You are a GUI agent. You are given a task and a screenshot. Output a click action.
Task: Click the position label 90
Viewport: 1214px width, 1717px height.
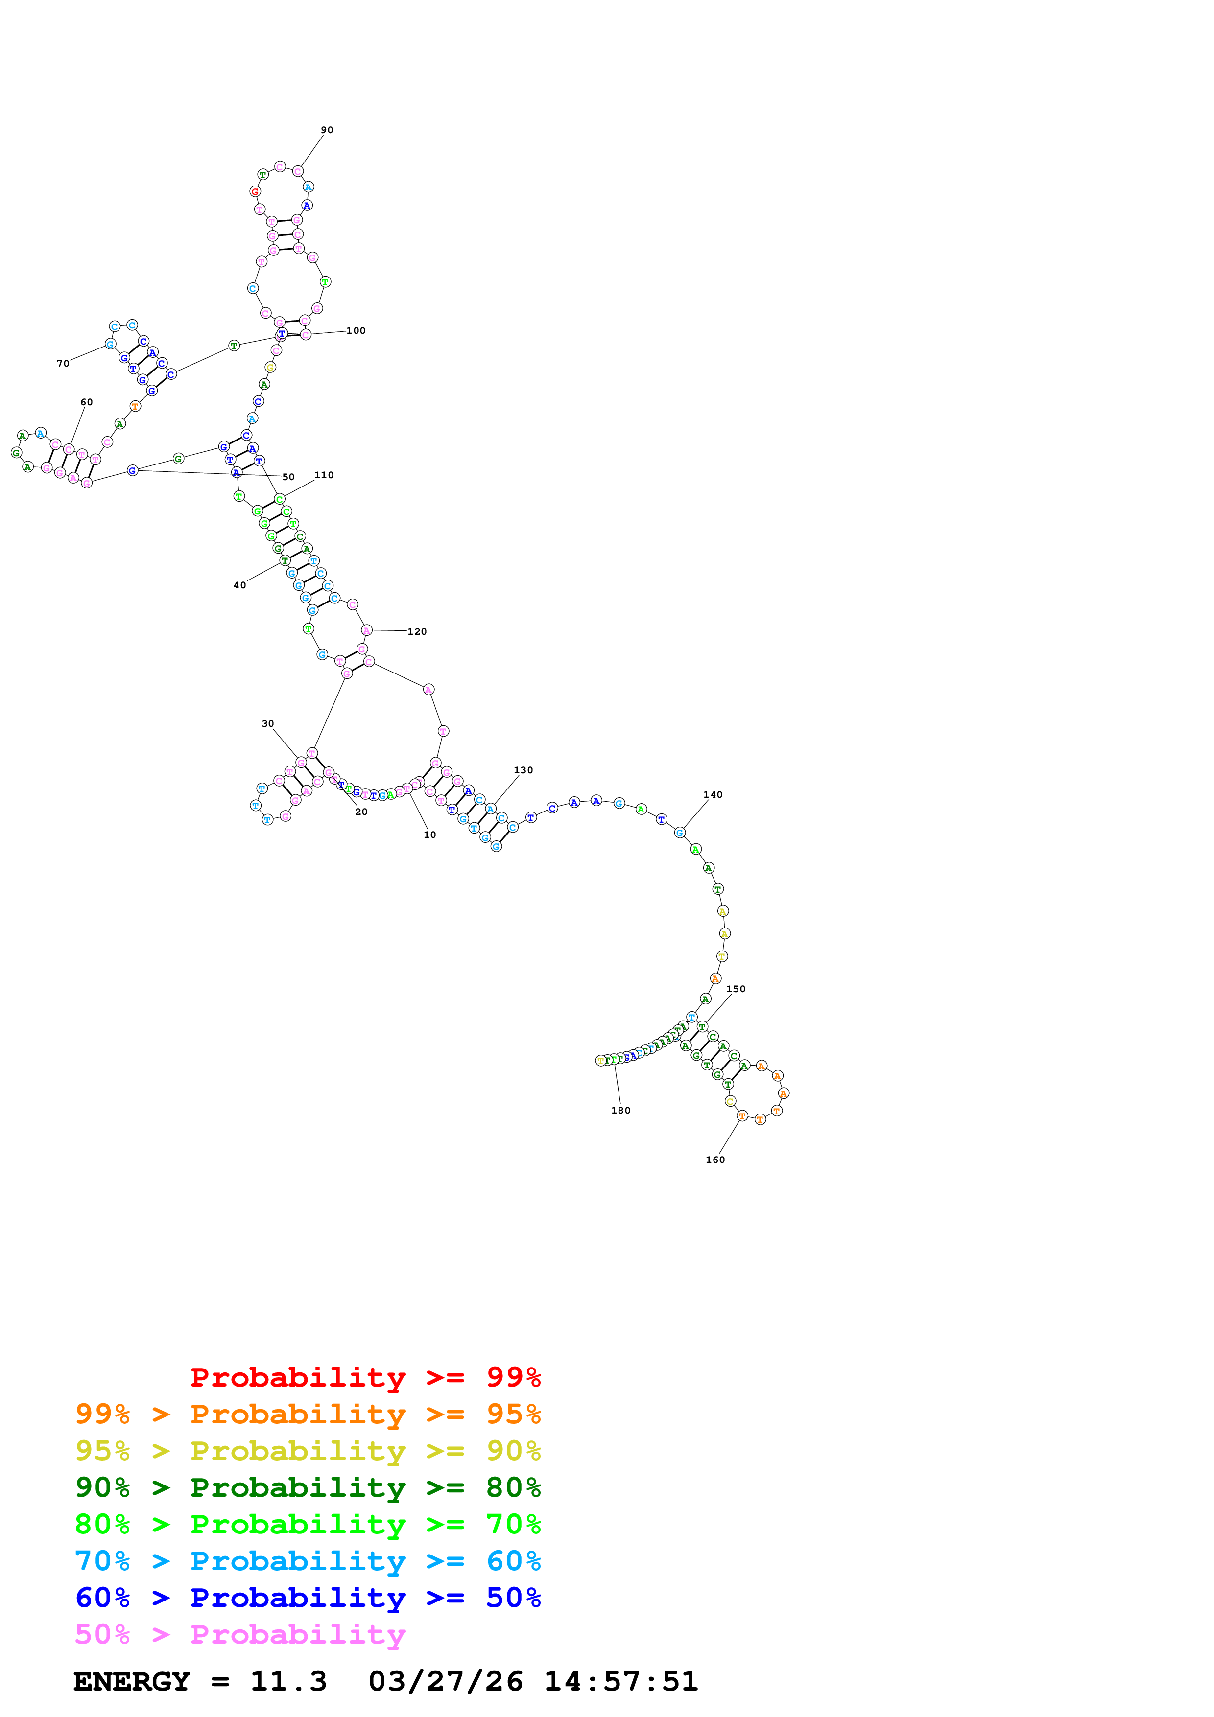[327, 130]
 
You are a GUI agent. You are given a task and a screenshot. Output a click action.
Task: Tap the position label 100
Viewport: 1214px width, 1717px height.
[356, 330]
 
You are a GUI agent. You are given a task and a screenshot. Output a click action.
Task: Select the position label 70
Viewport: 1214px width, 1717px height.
[63, 364]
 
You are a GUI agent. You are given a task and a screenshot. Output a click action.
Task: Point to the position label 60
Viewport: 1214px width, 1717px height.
[87, 402]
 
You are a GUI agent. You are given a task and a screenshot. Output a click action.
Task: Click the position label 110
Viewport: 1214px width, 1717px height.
[324, 475]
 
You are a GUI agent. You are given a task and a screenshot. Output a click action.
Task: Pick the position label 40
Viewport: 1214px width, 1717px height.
[239, 585]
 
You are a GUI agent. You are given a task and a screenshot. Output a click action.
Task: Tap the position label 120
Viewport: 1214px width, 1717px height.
[417, 632]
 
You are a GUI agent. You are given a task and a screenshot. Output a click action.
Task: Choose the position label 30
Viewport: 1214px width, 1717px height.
[268, 724]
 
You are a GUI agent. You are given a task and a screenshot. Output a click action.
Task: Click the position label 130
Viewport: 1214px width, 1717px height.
[524, 770]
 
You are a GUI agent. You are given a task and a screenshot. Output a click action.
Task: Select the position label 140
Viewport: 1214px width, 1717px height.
[713, 795]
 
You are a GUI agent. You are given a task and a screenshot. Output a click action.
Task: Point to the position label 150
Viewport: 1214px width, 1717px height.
[736, 989]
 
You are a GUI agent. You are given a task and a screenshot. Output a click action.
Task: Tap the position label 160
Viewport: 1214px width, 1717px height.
[715, 1160]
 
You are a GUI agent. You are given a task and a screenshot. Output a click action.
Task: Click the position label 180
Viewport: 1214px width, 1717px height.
[621, 1111]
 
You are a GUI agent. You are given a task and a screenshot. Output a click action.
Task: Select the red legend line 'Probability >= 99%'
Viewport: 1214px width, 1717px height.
[365, 1377]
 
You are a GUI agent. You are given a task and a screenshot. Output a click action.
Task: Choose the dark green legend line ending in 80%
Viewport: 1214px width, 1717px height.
[308, 1487]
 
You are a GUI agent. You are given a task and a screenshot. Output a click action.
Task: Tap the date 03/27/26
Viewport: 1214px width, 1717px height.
[445, 1681]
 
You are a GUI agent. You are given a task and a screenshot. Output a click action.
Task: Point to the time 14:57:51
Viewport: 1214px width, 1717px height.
[621, 1681]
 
